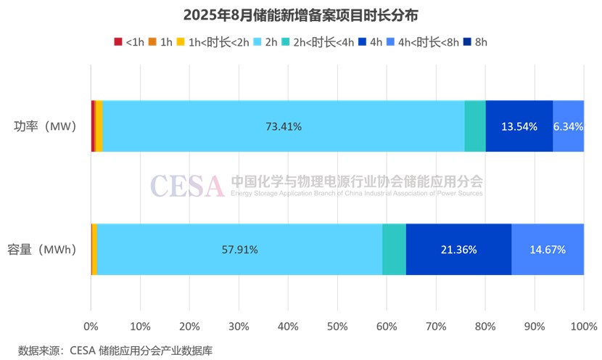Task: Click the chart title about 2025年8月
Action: point(301,15)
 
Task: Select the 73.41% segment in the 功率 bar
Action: point(284,126)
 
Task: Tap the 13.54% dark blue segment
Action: point(519,126)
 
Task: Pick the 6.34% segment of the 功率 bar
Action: point(568,126)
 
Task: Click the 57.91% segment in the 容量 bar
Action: point(239,250)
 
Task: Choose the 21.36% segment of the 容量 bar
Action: point(458,250)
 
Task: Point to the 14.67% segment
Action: point(548,250)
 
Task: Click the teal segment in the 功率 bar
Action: point(475,126)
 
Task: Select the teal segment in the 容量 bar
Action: point(394,250)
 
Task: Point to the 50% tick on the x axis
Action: point(337,324)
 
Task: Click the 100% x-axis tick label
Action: point(583,324)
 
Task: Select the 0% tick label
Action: point(91,324)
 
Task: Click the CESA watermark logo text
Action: point(188,187)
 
